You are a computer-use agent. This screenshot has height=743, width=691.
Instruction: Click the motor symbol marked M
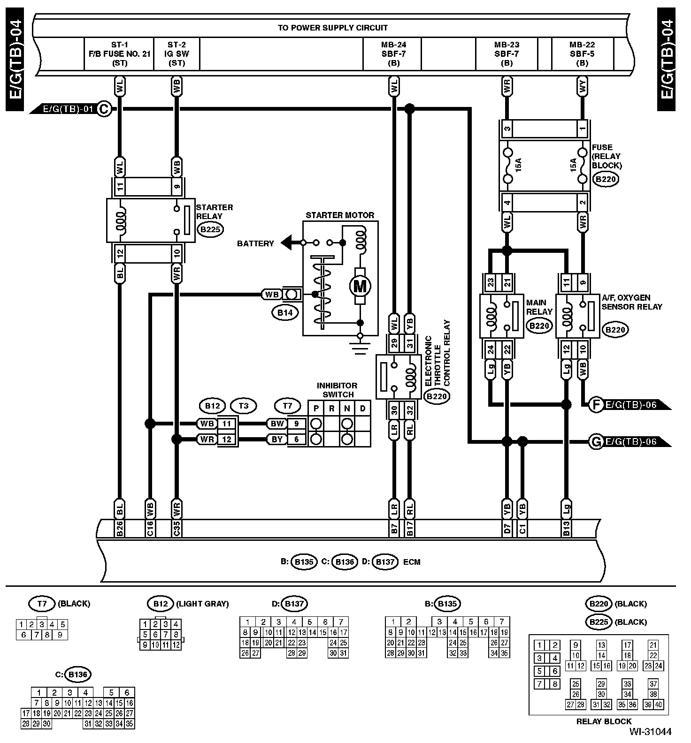360,285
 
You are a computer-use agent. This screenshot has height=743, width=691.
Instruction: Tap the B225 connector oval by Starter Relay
210,230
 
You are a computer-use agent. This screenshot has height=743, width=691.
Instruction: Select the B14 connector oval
285,312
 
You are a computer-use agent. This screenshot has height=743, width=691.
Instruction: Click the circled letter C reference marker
104,110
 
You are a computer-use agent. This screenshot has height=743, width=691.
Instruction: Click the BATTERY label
255,243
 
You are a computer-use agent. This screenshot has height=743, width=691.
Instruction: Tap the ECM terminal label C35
177,528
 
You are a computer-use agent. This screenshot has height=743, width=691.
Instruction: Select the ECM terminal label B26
120,528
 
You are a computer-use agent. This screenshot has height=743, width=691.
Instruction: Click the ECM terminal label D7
507,528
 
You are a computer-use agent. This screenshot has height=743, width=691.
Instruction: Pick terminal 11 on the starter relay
120,187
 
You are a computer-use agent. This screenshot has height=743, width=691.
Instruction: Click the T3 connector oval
244,405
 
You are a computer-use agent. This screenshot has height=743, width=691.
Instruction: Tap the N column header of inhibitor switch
347,408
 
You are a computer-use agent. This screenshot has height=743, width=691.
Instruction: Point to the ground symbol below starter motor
360,346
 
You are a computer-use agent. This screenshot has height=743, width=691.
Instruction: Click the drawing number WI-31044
651,731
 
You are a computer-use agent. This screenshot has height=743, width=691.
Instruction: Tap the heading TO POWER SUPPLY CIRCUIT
332,28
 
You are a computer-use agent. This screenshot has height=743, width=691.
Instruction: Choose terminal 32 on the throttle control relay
409,410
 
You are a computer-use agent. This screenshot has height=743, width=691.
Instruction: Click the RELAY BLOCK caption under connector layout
604,721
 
